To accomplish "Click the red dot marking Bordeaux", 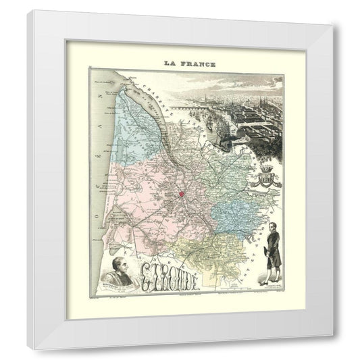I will coord(182,196).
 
